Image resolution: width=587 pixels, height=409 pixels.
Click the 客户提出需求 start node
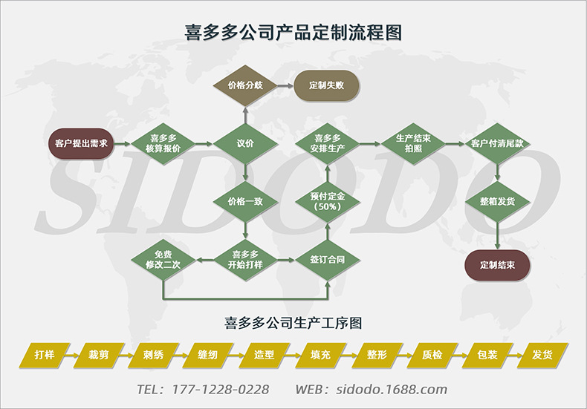pyautogui.click(x=82, y=143)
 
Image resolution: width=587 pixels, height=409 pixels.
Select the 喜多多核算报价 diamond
pyautogui.click(x=163, y=143)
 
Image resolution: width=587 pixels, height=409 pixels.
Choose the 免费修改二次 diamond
pyautogui.click(x=163, y=259)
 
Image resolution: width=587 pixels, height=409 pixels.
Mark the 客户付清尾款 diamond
pyautogui.click(x=496, y=143)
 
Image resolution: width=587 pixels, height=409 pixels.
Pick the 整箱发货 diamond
pyautogui.click(x=496, y=201)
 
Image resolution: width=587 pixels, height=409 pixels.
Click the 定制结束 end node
pyautogui.click(x=496, y=264)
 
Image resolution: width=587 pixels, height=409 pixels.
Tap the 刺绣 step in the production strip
pyautogui.click(x=154, y=355)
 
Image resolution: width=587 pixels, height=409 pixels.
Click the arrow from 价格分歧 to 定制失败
pyautogui.click(x=284, y=85)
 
